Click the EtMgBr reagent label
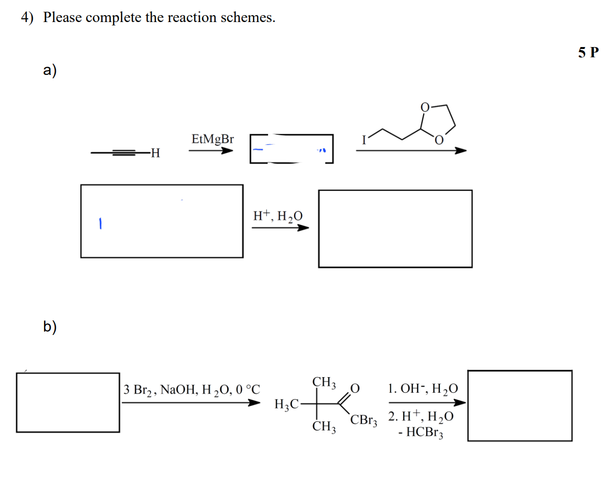tap(212, 139)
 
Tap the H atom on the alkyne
tap(156, 153)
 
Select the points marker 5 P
tap(588, 52)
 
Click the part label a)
tap(49, 70)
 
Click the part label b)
tap(49, 326)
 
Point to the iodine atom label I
tap(364, 140)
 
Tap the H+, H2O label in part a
tap(277, 216)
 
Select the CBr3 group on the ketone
tap(364, 420)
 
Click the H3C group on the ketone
tap(287, 404)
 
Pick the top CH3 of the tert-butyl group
tap(324, 382)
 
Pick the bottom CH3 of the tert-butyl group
tap(324, 426)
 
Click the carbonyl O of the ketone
tap(355, 388)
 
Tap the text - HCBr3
tap(421, 432)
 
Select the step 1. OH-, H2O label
tap(423, 389)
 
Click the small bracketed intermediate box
tap(292, 149)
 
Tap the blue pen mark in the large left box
tap(100, 224)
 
